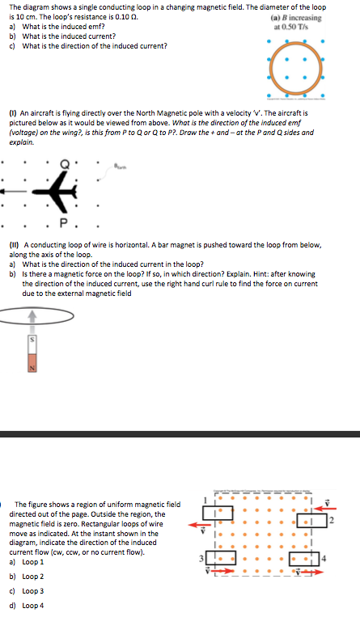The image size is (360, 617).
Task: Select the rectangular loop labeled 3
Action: (222, 556)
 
